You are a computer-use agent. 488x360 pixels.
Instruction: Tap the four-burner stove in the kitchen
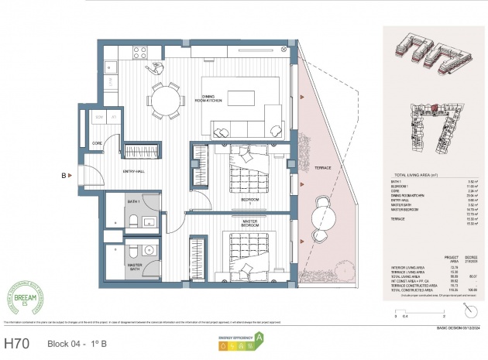point(141,53)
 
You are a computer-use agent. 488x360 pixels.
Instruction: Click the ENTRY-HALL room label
point(136,171)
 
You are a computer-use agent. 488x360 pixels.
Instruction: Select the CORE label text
point(97,143)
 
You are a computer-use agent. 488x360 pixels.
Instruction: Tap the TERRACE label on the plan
point(323,168)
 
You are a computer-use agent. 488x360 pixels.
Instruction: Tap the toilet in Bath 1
point(133,222)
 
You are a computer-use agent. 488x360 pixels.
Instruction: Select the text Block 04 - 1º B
point(77,342)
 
